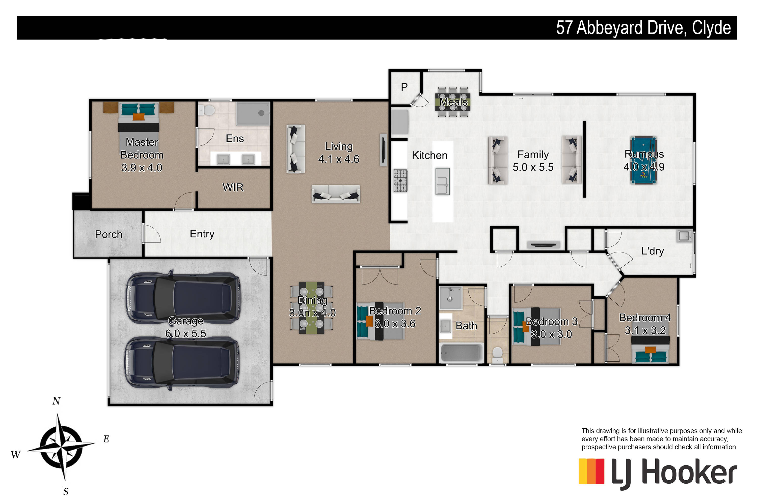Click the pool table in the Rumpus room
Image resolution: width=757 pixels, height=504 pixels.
pos(643,160)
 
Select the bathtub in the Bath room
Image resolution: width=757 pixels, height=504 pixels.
pos(462,352)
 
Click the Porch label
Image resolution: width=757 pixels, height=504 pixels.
pos(109,234)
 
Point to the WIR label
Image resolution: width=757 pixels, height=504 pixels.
pos(233,187)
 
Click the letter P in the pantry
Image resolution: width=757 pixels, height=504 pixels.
pos(404,87)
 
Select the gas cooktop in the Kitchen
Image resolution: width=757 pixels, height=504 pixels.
pos(400,181)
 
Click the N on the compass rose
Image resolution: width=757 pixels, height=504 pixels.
pos(56,401)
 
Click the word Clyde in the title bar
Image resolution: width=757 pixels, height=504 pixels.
pos(711,28)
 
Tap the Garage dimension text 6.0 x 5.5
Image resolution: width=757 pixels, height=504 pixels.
pos(186,333)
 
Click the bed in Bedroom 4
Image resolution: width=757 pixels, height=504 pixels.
pos(650,350)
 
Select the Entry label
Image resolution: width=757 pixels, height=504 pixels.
pos(202,234)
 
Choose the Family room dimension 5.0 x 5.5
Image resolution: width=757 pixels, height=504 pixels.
pos(533,167)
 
